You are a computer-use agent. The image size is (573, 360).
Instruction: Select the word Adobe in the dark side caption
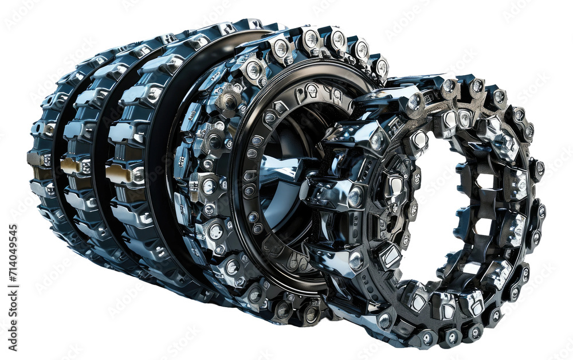pos(13,321)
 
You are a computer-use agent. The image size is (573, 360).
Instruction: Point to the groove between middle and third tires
pos(99,172)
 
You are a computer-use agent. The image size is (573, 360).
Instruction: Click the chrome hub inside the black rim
pos(281,172)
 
